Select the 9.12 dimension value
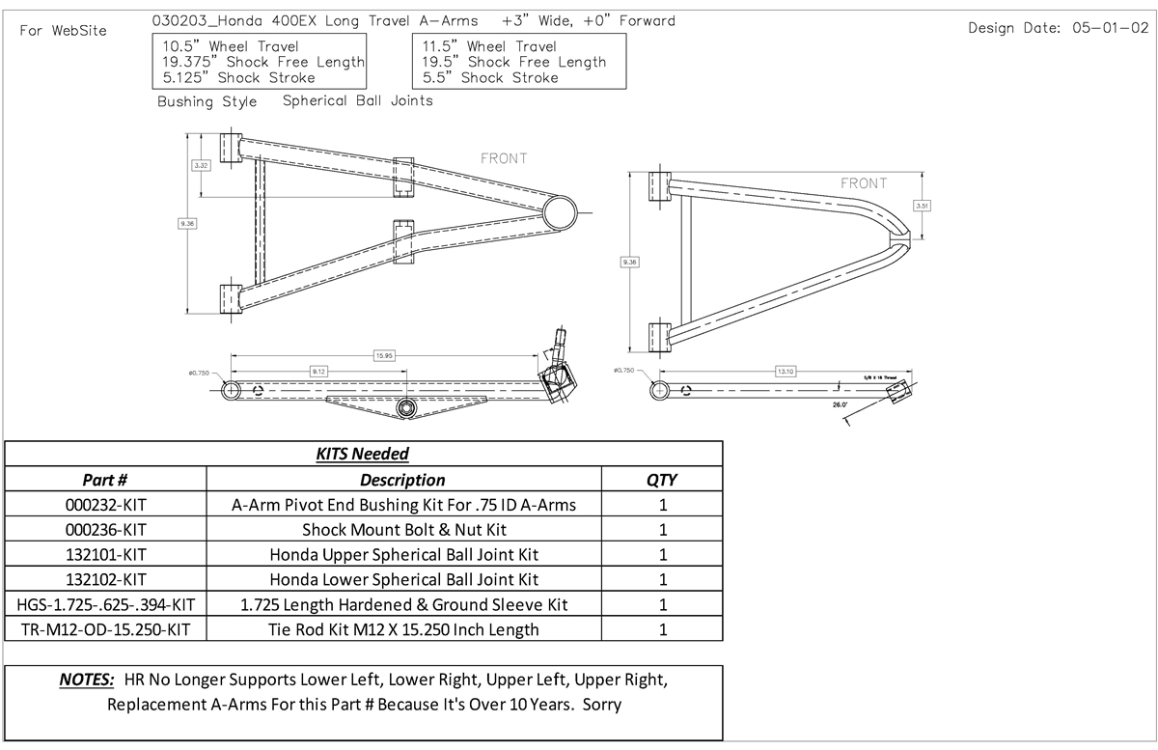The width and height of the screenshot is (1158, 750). [x=318, y=370]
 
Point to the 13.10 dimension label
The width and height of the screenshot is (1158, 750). [x=785, y=371]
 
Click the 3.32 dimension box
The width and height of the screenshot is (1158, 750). [x=202, y=166]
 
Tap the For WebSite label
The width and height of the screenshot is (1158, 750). [x=64, y=30]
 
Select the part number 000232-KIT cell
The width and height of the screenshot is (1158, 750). [x=106, y=504]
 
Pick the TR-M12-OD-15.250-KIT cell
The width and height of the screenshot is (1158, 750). [x=106, y=630]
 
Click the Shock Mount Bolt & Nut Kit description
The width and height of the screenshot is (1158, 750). [x=404, y=529]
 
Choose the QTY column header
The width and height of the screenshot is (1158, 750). [x=662, y=480]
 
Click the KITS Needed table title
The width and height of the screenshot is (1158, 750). [x=363, y=454]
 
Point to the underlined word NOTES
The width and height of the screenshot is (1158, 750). [x=87, y=680]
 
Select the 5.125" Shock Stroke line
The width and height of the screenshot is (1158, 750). [x=239, y=77]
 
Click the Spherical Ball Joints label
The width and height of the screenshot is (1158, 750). [x=358, y=100]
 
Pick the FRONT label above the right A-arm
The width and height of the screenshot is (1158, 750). [x=864, y=183]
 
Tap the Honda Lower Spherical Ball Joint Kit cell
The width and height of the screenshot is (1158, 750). [x=404, y=579]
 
